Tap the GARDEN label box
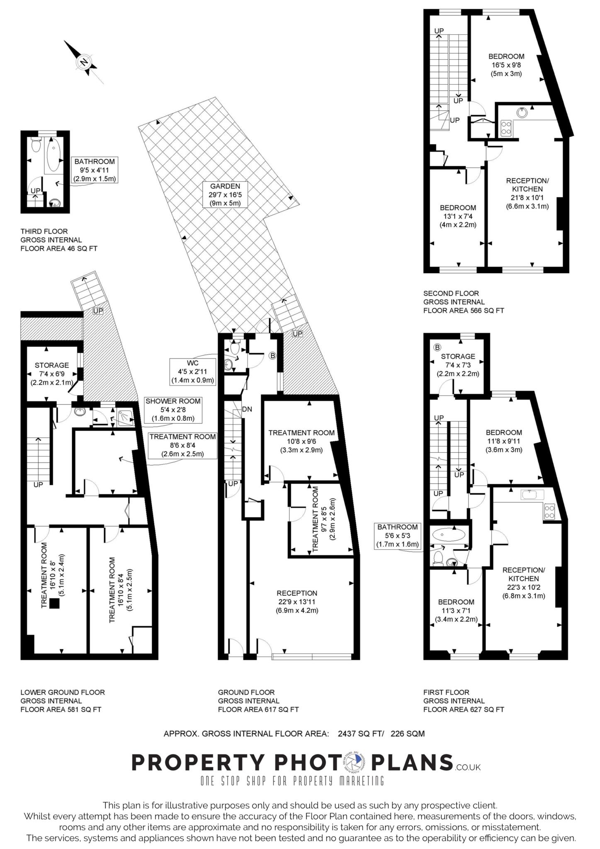point(225,194)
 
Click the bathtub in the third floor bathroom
point(53,155)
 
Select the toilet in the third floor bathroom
point(36,145)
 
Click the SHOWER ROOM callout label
point(173,410)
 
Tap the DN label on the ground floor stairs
point(247,409)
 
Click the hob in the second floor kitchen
point(506,127)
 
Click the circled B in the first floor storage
point(437,347)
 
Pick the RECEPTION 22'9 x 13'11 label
point(297,602)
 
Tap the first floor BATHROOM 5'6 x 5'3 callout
point(397,536)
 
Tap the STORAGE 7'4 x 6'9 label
point(52,374)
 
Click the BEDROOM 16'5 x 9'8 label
point(506,65)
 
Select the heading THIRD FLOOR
point(44,231)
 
